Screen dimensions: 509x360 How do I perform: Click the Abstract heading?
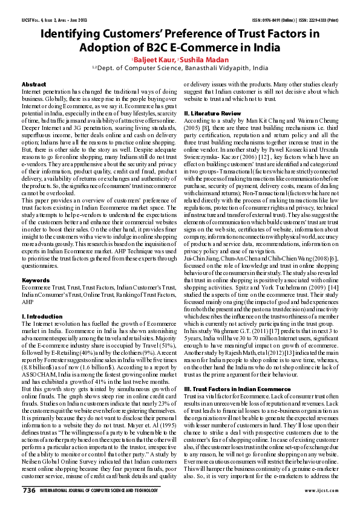tap(33, 83)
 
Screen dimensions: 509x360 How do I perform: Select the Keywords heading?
tap(36, 280)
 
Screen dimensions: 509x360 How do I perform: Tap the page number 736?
tap(29, 491)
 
